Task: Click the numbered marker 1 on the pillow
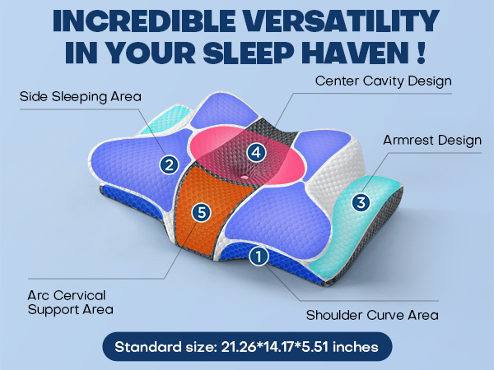tap(259, 256)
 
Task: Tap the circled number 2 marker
tap(169, 165)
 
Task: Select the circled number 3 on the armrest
tap(361, 202)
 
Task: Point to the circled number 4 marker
tap(256, 153)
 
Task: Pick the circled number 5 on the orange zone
tap(202, 212)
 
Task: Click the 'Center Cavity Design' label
tap(384, 81)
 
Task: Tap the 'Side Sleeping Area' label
tap(81, 96)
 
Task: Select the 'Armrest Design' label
tap(432, 140)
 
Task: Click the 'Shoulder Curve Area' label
tap(372, 315)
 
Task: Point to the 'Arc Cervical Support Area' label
tap(71, 303)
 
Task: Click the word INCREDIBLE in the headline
tap(144, 21)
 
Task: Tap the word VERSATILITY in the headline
tap(342, 21)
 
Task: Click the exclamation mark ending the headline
tap(422, 53)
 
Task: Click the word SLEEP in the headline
tap(249, 53)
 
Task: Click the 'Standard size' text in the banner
tap(165, 347)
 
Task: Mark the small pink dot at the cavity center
tap(245, 178)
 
